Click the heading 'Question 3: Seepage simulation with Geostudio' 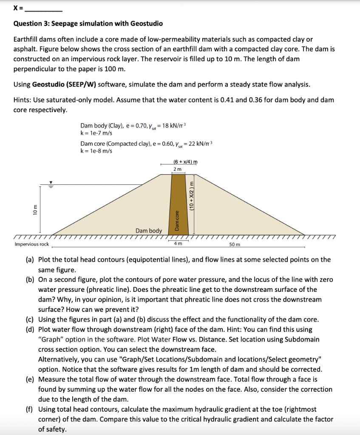(88, 23)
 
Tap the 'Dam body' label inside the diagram (149, 231)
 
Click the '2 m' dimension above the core (178, 169)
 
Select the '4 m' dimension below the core (178, 244)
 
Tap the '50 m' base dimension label (235, 244)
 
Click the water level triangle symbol (51, 182)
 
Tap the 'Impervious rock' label (31, 244)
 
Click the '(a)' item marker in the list (30, 260)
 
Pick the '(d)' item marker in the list (30, 329)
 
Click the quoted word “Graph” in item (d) (50, 339)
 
